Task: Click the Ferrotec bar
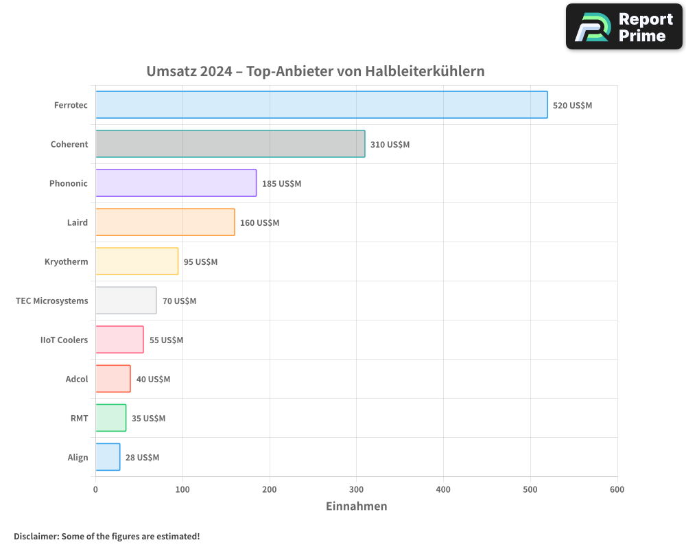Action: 321,105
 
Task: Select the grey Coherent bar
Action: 230,144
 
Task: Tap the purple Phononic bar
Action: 176,183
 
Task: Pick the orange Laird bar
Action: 165,222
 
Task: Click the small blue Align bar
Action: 108,457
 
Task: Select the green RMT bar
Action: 110,418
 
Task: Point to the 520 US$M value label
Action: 572,106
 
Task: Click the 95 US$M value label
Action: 200,262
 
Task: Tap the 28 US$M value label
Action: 142,458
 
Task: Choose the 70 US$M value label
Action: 179,301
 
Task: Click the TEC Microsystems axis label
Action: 52,301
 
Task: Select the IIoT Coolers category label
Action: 64,340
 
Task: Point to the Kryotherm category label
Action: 66,261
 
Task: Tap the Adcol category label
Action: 77,379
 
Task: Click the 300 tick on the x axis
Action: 356,489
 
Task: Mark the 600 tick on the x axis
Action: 617,489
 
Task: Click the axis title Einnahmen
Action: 356,506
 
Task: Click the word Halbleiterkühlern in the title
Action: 425,71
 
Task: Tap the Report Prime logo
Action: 624,27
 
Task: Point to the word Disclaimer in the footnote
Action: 35,536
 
